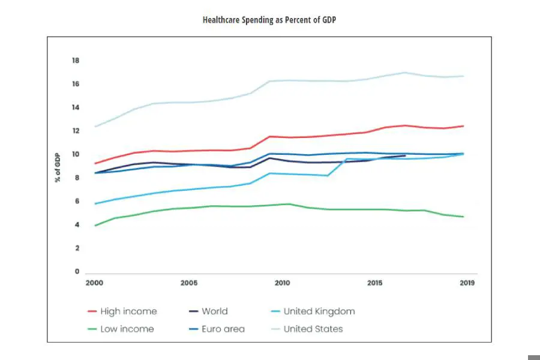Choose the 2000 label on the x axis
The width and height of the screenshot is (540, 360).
(x=95, y=283)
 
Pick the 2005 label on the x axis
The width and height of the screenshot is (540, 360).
(x=188, y=283)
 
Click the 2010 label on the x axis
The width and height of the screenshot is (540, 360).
(x=282, y=283)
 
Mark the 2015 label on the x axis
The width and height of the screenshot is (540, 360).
(x=375, y=283)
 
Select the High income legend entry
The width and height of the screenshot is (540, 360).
(x=128, y=311)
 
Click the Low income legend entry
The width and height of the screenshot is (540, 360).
(x=127, y=329)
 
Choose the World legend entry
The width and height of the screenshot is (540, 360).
(x=214, y=311)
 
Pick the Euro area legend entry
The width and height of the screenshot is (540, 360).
(x=223, y=329)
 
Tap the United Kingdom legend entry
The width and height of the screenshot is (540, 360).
(x=319, y=311)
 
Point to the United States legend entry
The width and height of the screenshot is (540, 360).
(x=313, y=329)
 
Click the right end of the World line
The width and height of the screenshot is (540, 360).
(x=405, y=156)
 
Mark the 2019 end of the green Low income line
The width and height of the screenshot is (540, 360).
(x=463, y=217)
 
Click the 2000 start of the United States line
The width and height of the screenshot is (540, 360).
(x=95, y=127)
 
